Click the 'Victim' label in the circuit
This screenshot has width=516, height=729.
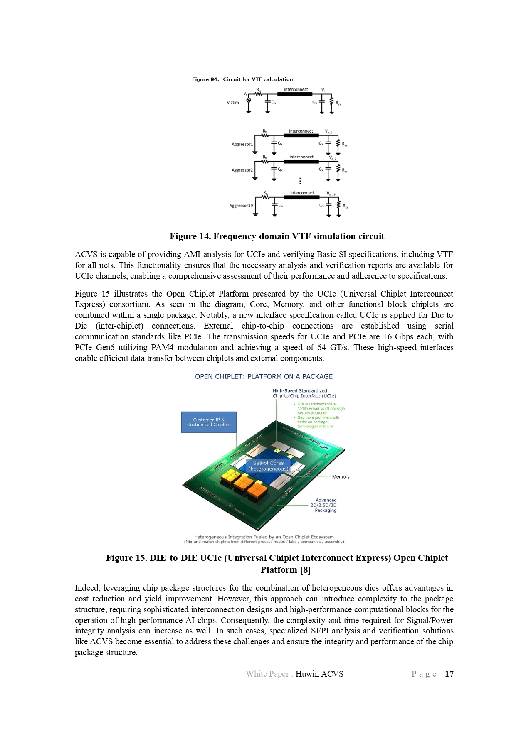pos(232,103)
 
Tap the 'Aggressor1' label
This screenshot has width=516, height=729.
pos(242,144)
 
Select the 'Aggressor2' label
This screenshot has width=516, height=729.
pos(242,170)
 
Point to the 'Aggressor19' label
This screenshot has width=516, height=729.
pos(241,206)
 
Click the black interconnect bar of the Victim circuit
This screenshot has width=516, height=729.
pos(296,94)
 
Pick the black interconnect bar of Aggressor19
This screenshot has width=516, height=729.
pos(302,197)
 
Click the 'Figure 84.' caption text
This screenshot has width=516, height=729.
pos(205,79)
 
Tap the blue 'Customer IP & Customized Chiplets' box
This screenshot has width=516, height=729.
pos(209,422)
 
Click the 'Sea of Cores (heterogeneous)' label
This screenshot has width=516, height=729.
pos(268,466)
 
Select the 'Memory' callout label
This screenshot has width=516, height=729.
pos(341,476)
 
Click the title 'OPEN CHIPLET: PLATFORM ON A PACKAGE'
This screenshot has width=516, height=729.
pos(264,376)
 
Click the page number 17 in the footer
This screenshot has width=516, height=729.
pos(449,674)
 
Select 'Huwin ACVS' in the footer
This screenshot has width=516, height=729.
pos(319,674)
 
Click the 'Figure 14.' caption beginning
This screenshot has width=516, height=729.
pos(190,236)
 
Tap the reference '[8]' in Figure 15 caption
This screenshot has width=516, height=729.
pos(305,569)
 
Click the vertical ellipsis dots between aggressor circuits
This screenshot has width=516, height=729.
pos(300,181)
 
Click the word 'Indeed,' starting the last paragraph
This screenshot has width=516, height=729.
pos(87,588)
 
